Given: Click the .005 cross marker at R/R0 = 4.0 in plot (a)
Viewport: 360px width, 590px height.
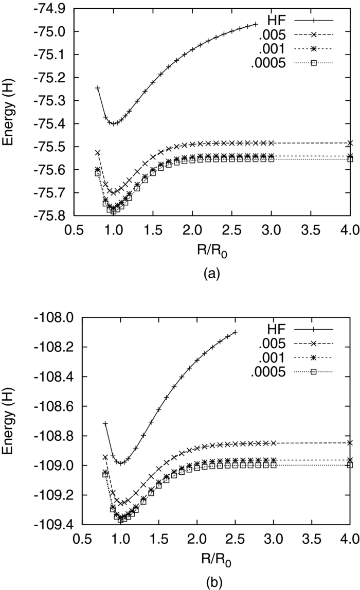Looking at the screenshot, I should pos(350,143).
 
